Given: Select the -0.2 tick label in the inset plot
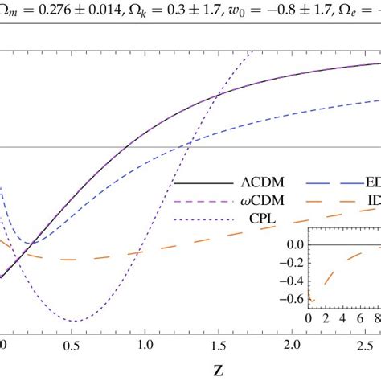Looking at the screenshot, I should [x=289, y=262].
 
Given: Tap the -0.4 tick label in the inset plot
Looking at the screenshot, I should [x=289, y=281].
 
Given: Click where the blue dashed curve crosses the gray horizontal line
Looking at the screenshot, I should [x=187, y=146].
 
